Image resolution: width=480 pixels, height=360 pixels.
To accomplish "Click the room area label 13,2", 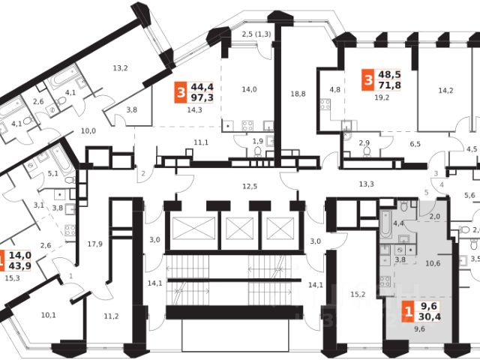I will [x=121, y=69].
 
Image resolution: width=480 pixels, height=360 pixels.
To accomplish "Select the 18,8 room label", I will [x=298, y=94].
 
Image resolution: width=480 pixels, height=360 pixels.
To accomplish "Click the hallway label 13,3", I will [x=367, y=184].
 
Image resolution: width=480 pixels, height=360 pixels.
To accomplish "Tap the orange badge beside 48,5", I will [x=367, y=79].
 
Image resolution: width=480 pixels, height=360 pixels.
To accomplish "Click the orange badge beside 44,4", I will [x=178, y=92].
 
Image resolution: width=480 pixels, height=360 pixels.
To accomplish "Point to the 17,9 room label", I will [x=94, y=244].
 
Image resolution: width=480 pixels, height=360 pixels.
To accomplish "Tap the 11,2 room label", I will [x=111, y=316].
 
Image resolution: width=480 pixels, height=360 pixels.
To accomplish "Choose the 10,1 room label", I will [x=47, y=315].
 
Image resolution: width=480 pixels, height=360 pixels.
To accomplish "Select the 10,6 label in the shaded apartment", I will [x=433, y=262].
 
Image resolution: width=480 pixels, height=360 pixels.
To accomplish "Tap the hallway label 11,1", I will [x=200, y=142].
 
